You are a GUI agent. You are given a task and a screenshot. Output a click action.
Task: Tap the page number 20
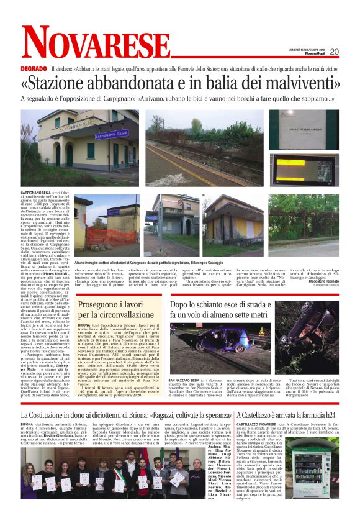click(x=334, y=52)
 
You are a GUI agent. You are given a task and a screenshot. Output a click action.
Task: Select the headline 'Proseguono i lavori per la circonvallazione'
click(x=117, y=311)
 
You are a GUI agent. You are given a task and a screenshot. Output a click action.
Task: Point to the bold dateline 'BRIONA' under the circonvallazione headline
click(x=84, y=325)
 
